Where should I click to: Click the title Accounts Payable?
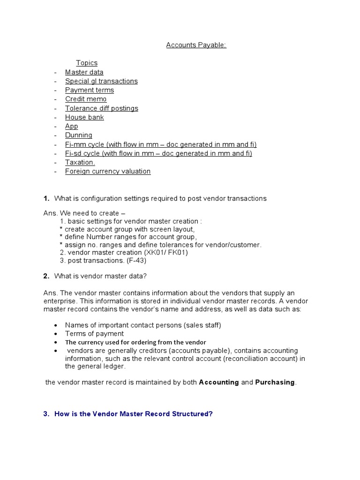196,45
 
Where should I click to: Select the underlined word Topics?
87,63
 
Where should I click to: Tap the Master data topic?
84,72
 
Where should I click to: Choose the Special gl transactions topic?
101,81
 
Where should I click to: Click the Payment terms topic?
90,90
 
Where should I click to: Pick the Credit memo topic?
86,99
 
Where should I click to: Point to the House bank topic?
84,117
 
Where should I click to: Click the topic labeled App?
72,126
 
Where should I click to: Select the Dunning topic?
79,135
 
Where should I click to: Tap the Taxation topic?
80,162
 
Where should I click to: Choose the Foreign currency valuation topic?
108,171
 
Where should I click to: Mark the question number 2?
46,276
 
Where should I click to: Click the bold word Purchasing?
275,382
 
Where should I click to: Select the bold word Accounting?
219,382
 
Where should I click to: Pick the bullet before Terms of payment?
56,334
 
